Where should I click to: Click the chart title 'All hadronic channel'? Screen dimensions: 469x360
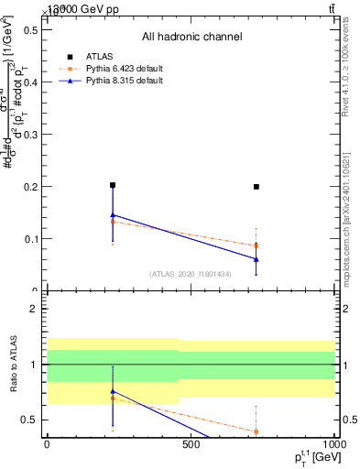tap(191, 38)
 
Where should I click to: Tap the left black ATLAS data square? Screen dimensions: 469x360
tap(113, 185)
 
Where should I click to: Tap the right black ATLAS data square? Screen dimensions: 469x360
tap(256, 187)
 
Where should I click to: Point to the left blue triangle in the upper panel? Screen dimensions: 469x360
tap(113, 215)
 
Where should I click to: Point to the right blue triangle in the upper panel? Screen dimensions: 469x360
tap(256, 259)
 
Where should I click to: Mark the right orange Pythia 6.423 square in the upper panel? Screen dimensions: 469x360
tap(256, 245)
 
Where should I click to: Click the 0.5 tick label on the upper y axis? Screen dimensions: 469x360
tap(31, 30)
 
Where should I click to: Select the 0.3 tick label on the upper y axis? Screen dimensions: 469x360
tap(31, 135)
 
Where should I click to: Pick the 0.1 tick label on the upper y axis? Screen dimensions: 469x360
tap(31, 239)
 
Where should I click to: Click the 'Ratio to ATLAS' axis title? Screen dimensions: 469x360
tap(12, 365)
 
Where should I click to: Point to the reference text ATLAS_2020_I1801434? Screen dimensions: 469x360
tap(191, 274)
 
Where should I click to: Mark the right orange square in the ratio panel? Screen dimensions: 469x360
tap(256, 431)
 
